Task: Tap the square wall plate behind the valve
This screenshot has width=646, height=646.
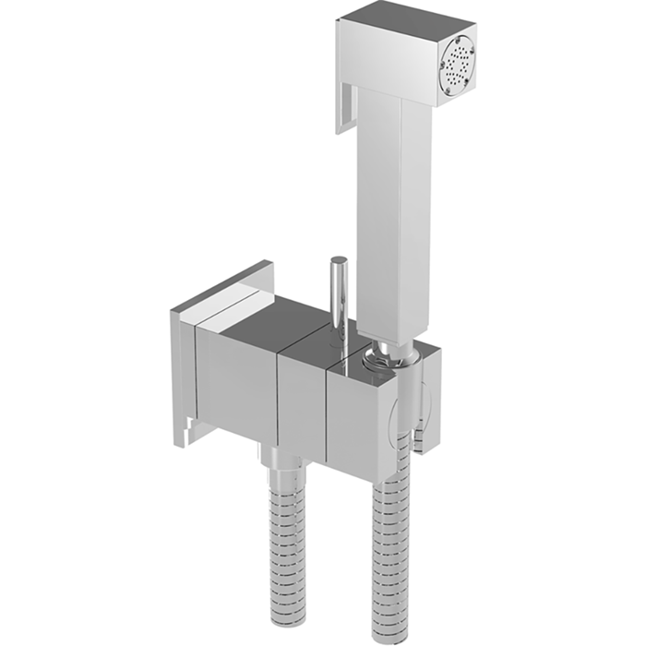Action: (185, 369)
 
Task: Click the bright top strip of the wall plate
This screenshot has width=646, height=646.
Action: (221, 293)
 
